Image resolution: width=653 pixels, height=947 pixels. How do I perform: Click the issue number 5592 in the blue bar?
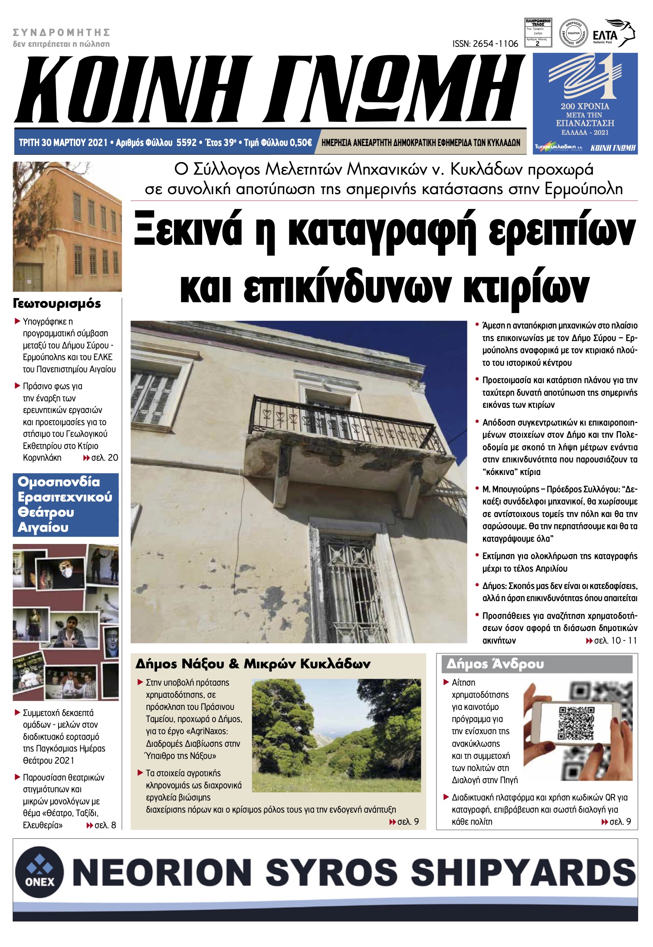tap(187, 143)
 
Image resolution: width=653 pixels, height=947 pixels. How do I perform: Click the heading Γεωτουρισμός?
tap(57, 303)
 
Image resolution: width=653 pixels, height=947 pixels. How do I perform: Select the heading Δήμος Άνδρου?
tap(495, 664)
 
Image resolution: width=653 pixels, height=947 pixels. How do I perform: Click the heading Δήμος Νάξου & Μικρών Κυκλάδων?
tap(253, 664)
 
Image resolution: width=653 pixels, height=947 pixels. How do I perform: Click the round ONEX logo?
tap(39, 872)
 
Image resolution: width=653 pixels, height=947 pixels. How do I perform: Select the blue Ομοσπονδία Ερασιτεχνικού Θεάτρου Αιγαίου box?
tap(66, 504)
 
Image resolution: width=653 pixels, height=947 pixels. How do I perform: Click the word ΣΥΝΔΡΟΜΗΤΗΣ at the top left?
tap(61, 33)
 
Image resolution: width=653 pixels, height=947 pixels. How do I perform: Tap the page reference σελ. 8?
tap(105, 825)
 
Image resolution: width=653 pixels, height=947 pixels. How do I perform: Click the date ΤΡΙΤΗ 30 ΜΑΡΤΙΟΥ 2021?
tap(63, 143)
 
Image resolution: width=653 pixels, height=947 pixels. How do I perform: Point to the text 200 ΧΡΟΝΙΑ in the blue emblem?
tap(584, 106)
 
